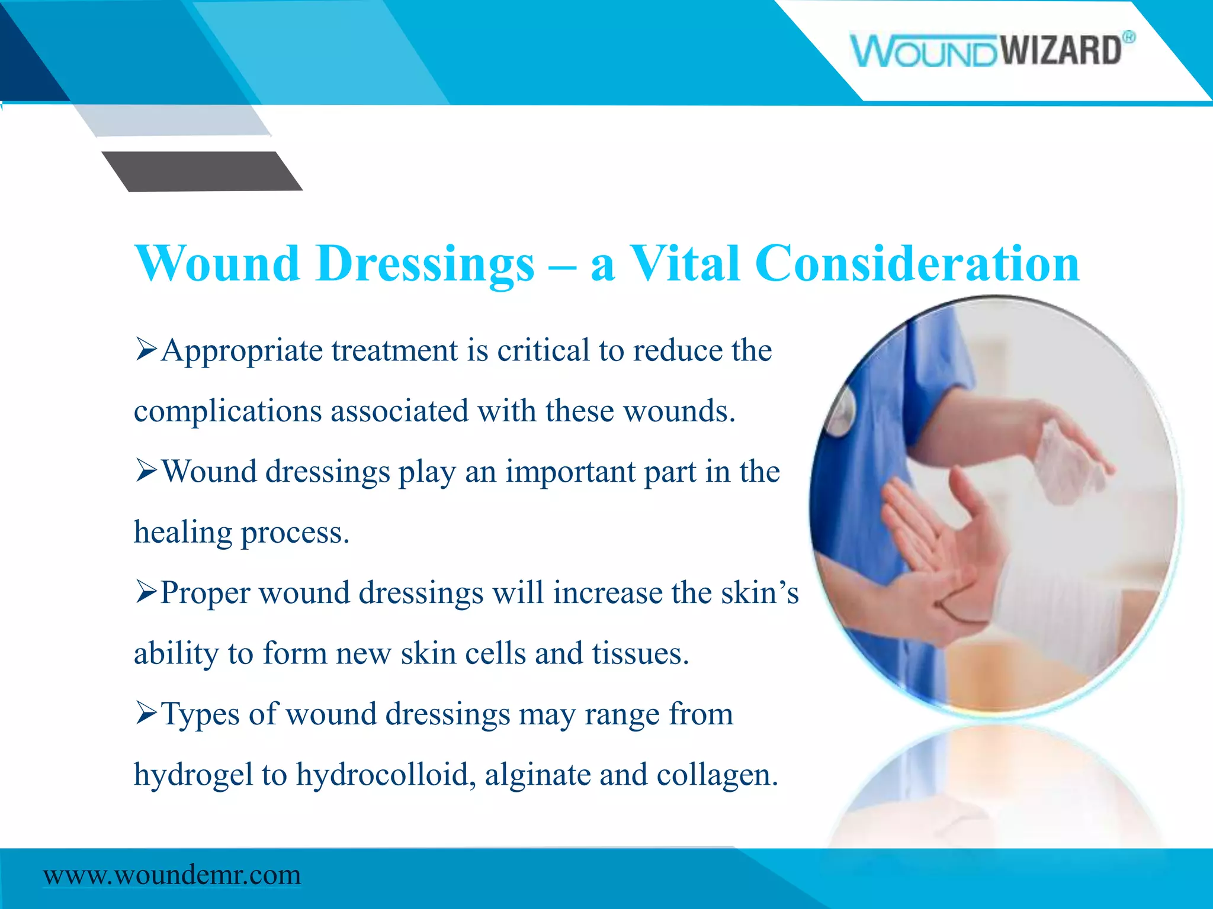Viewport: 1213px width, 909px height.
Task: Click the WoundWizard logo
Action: click(x=986, y=50)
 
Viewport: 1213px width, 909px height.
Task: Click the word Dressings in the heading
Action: click(x=425, y=265)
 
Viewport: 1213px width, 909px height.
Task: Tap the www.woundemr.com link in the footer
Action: click(x=172, y=875)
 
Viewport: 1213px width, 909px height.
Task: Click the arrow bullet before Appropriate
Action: click(x=146, y=349)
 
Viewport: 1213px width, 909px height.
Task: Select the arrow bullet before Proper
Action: click(x=146, y=591)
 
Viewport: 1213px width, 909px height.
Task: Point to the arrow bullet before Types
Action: click(x=146, y=713)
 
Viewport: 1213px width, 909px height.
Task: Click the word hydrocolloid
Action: click(x=386, y=774)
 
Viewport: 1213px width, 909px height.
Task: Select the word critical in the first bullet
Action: click(x=543, y=350)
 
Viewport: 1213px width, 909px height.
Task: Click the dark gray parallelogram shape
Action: click(x=201, y=171)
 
